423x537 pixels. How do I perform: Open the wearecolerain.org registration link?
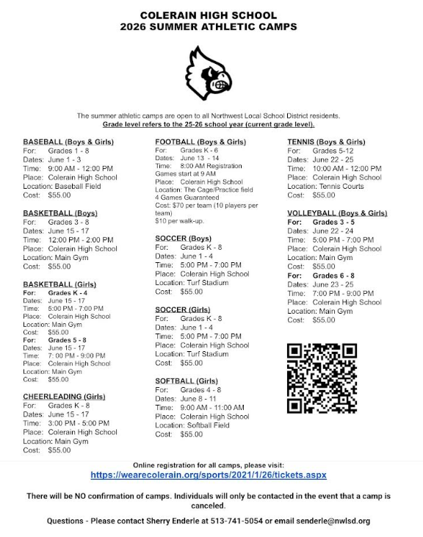(x=209, y=475)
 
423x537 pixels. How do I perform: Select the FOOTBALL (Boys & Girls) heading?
(x=200, y=141)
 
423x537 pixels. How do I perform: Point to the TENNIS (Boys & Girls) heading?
(x=326, y=141)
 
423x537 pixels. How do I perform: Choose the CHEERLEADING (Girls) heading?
(x=64, y=396)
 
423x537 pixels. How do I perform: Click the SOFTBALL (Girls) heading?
(x=187, y=381)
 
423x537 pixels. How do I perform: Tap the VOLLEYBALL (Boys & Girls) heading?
(x=337, y=213)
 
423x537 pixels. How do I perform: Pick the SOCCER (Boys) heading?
(x=183, y=238)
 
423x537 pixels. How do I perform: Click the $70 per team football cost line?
(x=207, y=205)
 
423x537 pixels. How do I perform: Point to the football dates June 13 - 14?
(x=200, y=158)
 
